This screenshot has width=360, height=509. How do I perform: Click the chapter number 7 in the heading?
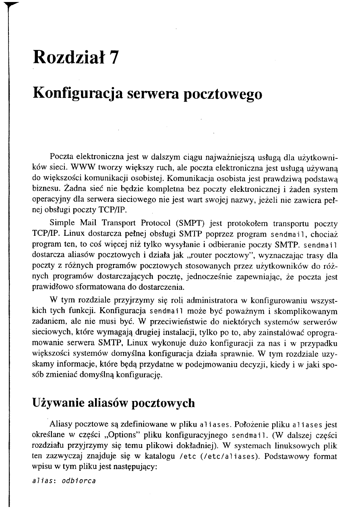[114, 58]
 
